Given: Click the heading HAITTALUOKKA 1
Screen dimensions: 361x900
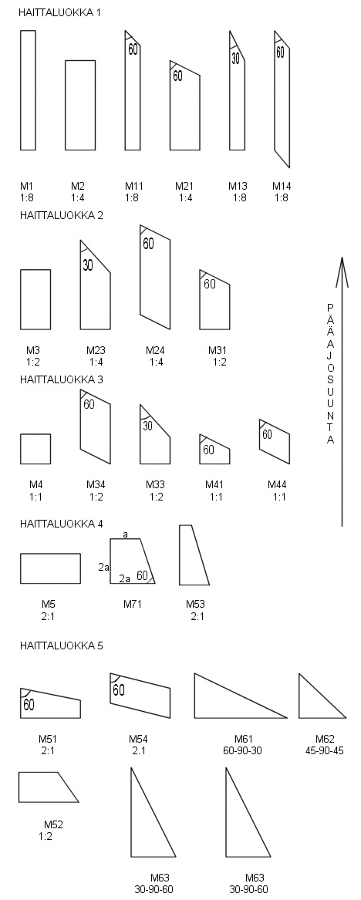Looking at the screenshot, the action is tap(60, 12).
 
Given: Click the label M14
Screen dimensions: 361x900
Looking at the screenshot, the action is tap(282, 186).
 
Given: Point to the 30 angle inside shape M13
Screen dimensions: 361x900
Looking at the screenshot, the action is tap(235, 58).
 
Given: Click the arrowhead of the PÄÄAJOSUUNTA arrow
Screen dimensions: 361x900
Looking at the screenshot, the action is tap(342, 270).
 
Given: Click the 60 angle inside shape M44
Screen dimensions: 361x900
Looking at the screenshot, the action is tap(268, 434).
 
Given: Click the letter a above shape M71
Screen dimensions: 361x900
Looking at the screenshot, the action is tap(126, 534).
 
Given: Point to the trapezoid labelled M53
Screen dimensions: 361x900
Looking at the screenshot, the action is tap(194, 554).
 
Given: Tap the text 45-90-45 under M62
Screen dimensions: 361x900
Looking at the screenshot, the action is tap(325, 750).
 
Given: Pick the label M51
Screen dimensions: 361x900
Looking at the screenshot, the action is tap(49, 740).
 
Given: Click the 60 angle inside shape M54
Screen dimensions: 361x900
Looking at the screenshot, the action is tap(118, 689).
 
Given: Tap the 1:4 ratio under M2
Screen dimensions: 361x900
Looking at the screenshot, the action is tap(78, 197).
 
